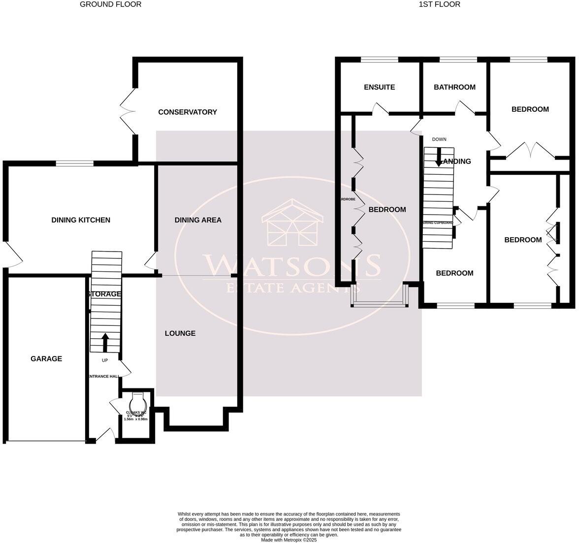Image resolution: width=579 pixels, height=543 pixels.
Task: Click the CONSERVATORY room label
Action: pyautogui.click(x=187, y=112)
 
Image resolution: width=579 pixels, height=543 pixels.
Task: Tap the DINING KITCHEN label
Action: pyautogui.click(x=81, y=220)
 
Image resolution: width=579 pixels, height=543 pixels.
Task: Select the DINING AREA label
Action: pyautogui.click(x=198, y=220)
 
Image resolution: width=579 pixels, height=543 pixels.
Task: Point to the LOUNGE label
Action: pyautogui.click(x=180, y=333)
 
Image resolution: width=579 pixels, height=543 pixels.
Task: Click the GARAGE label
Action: pyautogui.click(x=46, y=359)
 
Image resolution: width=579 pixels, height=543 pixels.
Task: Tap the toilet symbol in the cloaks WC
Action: pyautogui.click(x=137, y=397)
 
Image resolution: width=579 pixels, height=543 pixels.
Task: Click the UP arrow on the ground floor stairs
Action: pyautogui.click(x=105, y=343)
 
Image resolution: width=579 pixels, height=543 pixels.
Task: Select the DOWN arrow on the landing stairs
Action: pyautogui.click(x=438, y=157)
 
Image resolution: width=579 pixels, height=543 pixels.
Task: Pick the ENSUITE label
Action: pyautogui.click(x=379, y=87)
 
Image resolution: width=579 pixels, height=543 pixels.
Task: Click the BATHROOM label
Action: pyautogui.click(x=454, y=87)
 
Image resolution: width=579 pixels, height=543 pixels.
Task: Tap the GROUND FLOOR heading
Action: pyautogui.click(x=110, y=4)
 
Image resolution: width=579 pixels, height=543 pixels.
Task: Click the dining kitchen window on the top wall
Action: pyautogui.click(x=74, y=163)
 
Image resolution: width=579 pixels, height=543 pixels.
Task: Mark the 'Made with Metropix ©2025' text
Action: pyautogui.click(x=289, y=540)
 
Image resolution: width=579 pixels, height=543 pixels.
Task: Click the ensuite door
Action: pyautogui.click(x=382, y=109)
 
